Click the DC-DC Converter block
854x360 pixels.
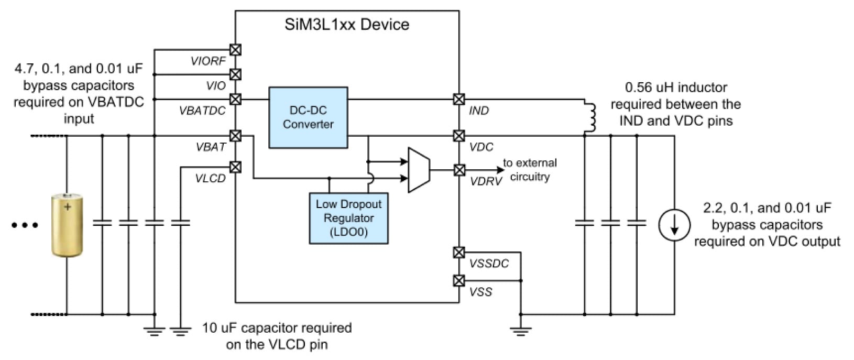click(308, 117)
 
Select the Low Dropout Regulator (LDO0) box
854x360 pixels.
click(348, 218)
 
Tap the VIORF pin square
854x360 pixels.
click(236, 50)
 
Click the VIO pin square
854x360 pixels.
click(236, 74)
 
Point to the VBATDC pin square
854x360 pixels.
click(236, 99)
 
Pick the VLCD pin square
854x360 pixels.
click(236, 167)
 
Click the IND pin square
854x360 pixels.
click(459, 99)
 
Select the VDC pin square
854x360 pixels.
click(459, 136)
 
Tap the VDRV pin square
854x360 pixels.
click(459, 170)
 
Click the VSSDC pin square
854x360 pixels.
click(459, 253)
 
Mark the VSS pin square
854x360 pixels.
click(459, 280)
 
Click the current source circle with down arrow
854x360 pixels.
click(674, 225)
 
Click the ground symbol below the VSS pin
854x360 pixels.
click(520, 330)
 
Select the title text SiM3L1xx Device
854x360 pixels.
click(347, 25)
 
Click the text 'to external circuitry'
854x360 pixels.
click(530, 170)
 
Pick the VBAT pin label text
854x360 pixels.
click(211, 147)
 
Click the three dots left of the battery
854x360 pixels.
click(25, 225)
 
